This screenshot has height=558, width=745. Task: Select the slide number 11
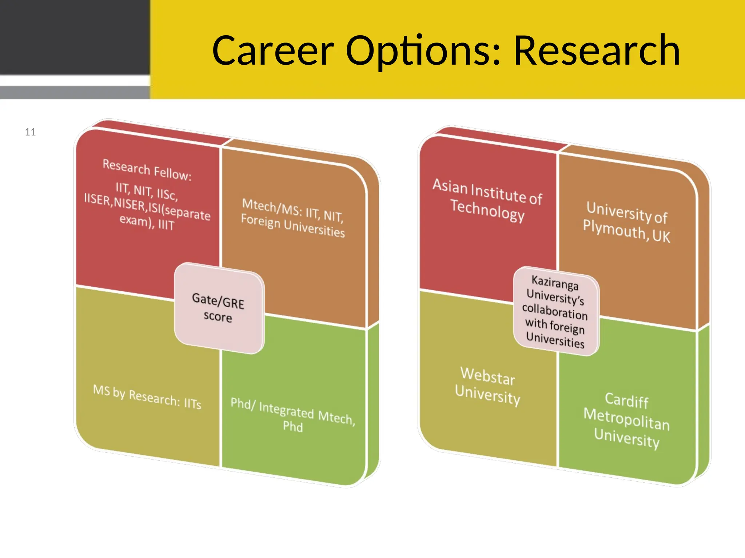click(30, 132)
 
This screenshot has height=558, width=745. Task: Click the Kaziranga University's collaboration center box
click(555, 311)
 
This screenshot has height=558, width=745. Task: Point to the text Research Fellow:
click(147, 170)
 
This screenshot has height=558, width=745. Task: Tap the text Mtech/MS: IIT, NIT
click(293, 210)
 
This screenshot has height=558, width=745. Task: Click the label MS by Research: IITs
click(147, 397)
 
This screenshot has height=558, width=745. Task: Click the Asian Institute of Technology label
click(487, 200)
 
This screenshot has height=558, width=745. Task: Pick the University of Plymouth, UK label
click(626, 222)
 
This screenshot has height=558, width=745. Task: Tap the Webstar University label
click(487, 386)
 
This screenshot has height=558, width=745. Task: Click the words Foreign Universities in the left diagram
click(293, 226)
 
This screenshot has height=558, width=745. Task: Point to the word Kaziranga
click(555, 283)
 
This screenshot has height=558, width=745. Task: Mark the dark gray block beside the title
click(75, 36)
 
